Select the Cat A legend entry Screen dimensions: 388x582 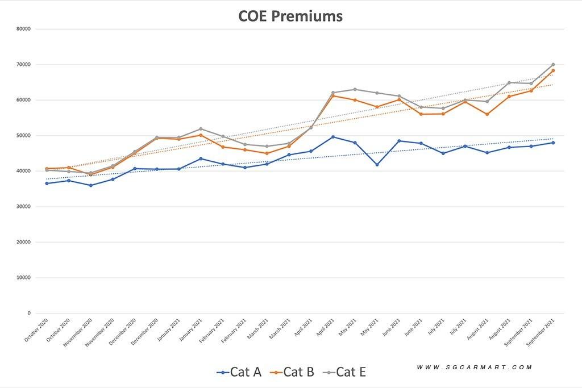239,372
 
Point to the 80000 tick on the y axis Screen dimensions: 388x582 23,29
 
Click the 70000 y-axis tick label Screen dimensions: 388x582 23,64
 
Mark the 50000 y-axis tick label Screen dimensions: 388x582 23,135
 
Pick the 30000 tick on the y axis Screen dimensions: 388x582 23,206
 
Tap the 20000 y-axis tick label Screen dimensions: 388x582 23,242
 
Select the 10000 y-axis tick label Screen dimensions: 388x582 23,277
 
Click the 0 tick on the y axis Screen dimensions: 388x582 29,313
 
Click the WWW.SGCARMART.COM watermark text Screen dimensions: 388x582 475,368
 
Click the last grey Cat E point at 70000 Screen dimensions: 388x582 553,65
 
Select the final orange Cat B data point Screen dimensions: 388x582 553,71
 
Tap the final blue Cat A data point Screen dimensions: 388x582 553,143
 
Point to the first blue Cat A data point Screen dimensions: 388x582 47,183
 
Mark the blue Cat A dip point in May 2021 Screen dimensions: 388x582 377,165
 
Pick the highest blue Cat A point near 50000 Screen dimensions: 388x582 332,137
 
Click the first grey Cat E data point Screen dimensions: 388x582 47,170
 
